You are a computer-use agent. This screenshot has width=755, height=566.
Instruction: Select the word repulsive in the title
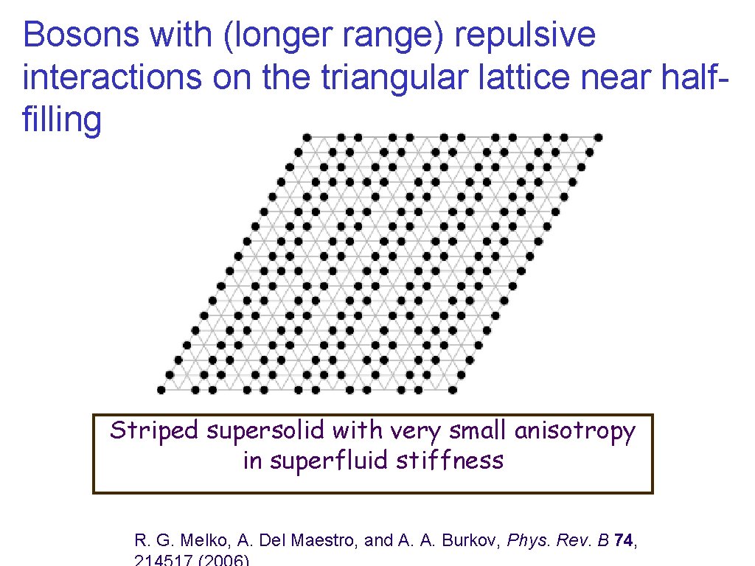(525, 35)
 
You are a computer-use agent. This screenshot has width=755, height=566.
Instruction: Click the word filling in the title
(62, 120)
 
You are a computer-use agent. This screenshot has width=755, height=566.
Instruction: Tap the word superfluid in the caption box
(330, 461)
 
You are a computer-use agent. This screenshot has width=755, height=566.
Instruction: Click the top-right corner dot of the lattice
(598, 137)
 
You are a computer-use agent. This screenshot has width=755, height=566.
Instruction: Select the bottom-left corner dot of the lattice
(161, 390)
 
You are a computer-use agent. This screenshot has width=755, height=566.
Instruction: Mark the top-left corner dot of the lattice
(307, 137)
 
